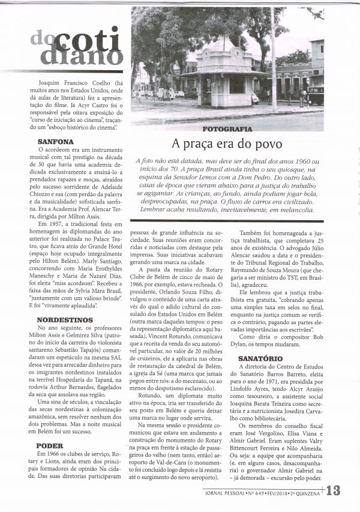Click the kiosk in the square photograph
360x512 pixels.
point(224,77)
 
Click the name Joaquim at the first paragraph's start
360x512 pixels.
point(49,83)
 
